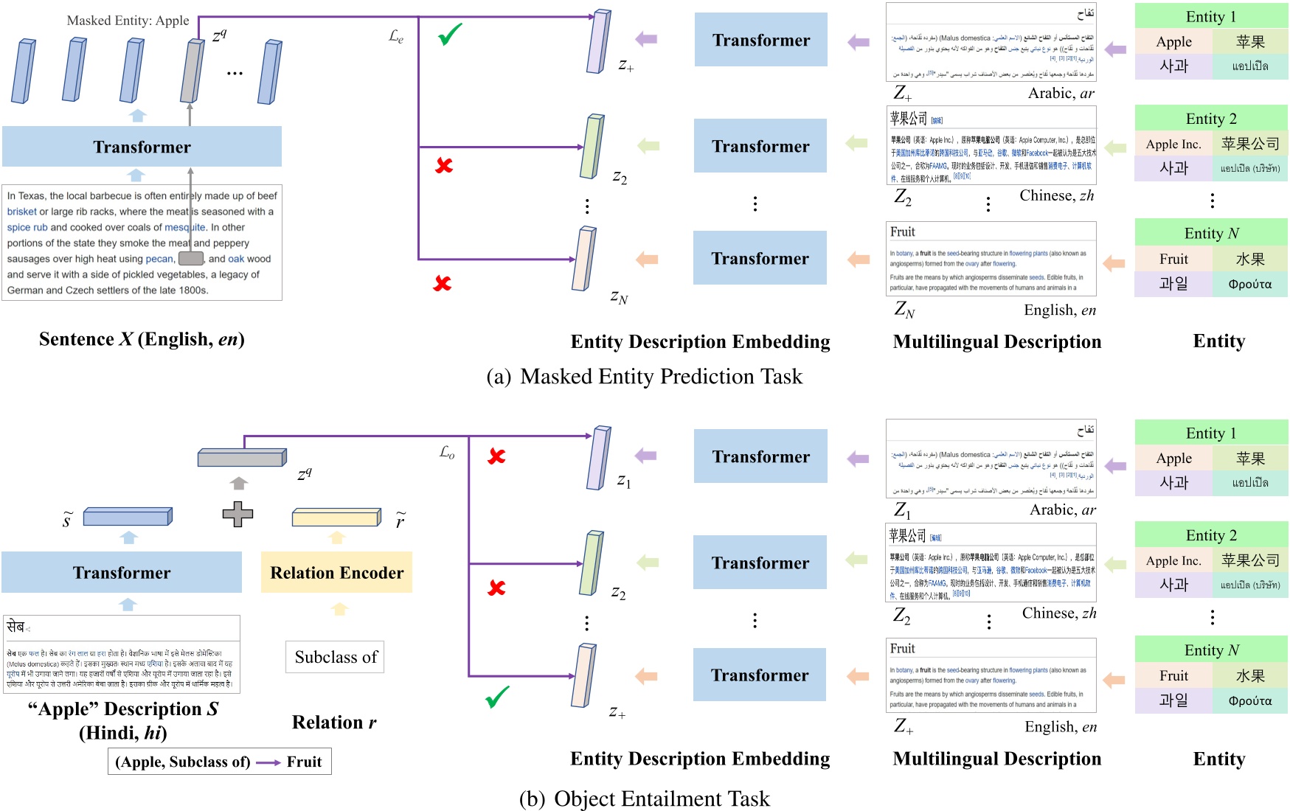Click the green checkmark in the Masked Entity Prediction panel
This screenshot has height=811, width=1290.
click(449, 34)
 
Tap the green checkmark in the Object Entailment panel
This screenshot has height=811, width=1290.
click(497, 696)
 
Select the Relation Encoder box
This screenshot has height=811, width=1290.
click(336, 573)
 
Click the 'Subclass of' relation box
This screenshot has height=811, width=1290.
click(335, 657)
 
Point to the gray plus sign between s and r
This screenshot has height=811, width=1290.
click(237, 514)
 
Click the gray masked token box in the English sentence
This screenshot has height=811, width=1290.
click(191, 259)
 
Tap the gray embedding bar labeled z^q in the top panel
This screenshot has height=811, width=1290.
click(192, 72)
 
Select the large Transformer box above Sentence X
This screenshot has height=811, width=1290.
click(142, 147)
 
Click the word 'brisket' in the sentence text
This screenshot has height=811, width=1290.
click(21, 212)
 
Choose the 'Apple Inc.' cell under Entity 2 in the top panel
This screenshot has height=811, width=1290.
click(1173, 145)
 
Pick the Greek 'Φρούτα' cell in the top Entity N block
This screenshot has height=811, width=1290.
click(1249, 284)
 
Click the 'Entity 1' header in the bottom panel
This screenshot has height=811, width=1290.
click(1210, 433)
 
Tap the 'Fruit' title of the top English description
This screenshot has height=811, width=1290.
click(902, 232)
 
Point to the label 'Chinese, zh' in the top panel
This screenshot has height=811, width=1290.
click(1056, 195)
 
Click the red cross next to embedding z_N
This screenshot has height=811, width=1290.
click(443, 283)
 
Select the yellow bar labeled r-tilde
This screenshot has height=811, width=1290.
click(336, 517)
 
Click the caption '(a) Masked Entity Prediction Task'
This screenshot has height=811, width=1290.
click(644, 377)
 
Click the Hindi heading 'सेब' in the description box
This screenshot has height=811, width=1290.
click(15, 627)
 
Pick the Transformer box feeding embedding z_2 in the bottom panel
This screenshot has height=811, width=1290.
click(760, 563)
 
